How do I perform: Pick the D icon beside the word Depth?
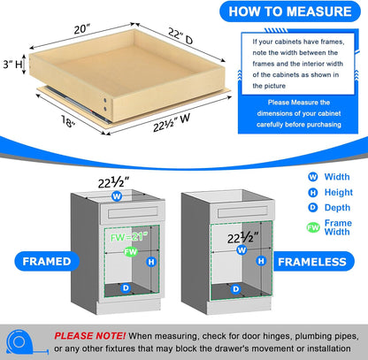pos(287,208)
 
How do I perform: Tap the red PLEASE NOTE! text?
pos(89,336)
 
